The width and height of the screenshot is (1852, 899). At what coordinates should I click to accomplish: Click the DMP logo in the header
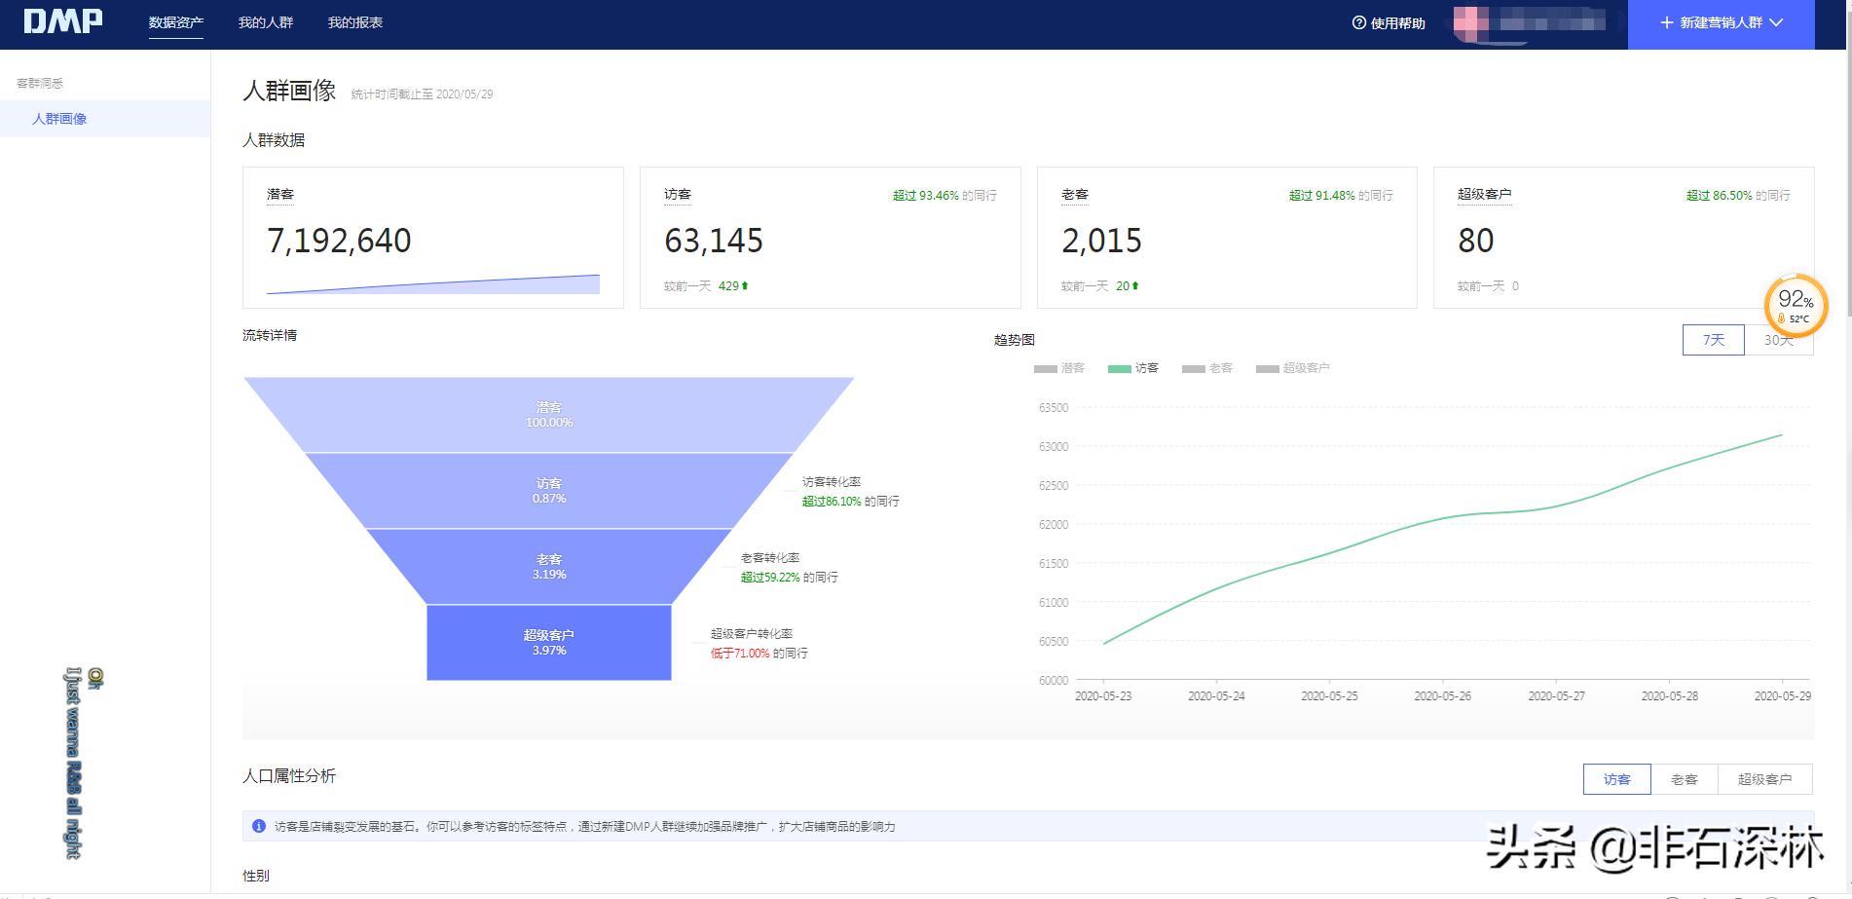[63, 21]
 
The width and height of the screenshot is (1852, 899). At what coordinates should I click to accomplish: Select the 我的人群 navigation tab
[266, 22]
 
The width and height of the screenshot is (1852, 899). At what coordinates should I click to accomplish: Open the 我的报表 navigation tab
[355, 22]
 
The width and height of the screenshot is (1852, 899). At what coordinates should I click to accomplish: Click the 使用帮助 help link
[1389, 23]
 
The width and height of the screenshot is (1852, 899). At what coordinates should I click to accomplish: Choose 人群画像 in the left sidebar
[59, 119]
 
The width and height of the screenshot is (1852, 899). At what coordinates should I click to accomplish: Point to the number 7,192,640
[339, 241]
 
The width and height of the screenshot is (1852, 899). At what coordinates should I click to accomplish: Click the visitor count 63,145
[714, 241]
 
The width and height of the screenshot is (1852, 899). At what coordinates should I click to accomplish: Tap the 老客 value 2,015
[1101, 241]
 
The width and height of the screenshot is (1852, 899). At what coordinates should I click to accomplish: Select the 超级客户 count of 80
[1475, 241]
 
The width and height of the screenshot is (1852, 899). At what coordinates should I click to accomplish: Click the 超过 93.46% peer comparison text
[926, 196]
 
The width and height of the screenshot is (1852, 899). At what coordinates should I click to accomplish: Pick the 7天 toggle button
[1713, 340]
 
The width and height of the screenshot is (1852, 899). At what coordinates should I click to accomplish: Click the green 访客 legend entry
[1134, 368]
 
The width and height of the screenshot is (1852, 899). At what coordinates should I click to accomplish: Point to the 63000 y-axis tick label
[1054, 447]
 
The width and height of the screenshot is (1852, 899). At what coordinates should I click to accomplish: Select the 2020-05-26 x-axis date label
[1442, 696]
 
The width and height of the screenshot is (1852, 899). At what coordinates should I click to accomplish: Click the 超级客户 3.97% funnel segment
[549, 643]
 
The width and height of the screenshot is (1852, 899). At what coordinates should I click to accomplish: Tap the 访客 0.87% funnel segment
[549, 491]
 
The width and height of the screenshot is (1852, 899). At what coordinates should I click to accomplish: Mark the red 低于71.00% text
[740, 654]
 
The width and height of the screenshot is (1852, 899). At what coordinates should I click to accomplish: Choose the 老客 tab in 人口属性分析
[1684, 779]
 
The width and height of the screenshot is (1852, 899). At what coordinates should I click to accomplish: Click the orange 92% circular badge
[1796, 305]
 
